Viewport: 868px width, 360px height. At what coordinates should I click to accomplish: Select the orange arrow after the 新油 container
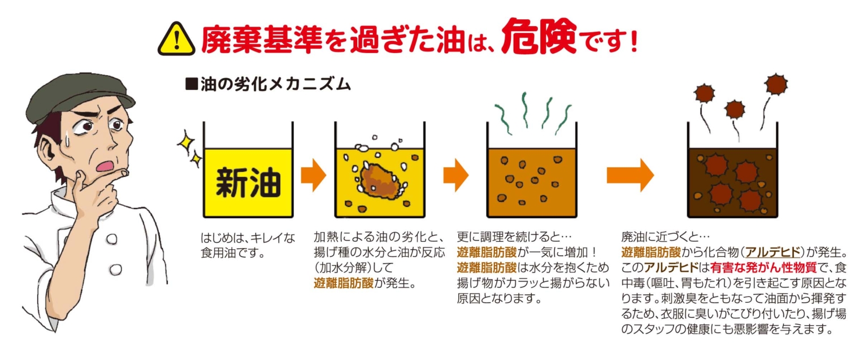coord(313,176)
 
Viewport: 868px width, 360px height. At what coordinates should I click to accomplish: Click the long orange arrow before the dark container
coord(630,176)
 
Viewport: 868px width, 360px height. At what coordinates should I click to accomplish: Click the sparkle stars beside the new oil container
coord(190,149)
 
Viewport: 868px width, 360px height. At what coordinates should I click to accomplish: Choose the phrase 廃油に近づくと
coord(663,236)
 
